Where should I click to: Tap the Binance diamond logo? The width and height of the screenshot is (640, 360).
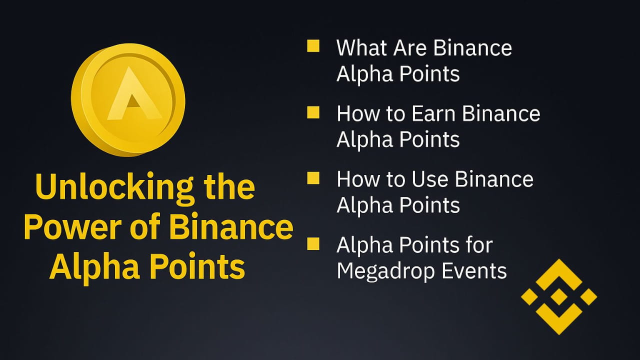559,296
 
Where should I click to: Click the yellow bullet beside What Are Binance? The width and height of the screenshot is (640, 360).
313,46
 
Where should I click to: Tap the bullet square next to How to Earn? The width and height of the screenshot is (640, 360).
313,112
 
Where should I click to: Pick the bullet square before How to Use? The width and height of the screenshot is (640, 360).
313,178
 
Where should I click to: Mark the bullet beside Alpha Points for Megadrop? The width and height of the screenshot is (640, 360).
313,244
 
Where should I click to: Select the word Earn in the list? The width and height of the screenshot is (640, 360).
433,113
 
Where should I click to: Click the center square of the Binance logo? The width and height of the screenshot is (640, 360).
559,296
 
